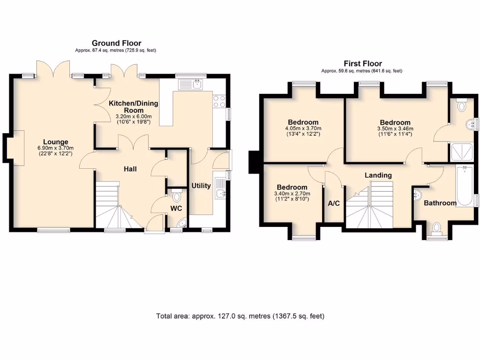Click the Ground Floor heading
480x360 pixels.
116,43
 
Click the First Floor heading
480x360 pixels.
363,63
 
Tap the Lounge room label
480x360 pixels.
56,142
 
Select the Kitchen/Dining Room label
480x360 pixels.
134,107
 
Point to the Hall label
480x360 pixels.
130,168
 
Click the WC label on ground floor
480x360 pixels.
176,208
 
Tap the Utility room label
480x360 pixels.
201,186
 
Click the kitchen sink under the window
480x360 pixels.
192,85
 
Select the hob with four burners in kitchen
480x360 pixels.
219,101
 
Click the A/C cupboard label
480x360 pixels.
334,203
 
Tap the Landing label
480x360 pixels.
378,175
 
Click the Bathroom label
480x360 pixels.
440,203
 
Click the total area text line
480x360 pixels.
240,316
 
